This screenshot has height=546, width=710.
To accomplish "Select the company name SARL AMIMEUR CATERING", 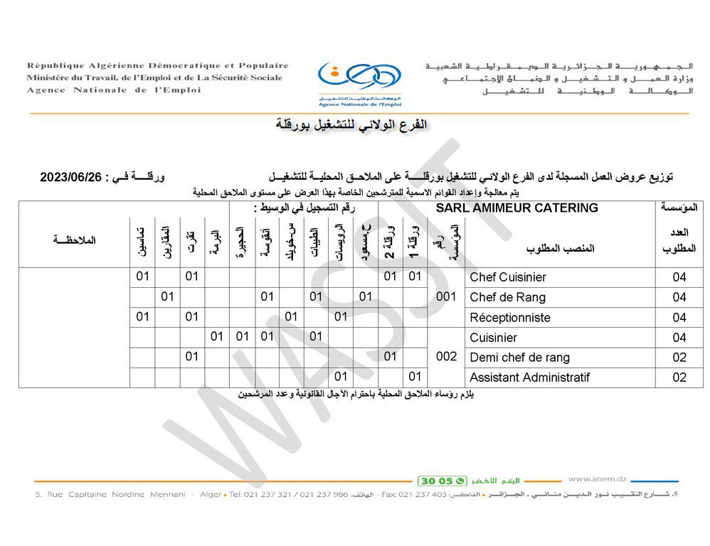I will click(516, 208).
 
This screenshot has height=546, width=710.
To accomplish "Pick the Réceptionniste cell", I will click(509, 317).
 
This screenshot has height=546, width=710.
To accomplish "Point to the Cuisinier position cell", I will click(493, 337).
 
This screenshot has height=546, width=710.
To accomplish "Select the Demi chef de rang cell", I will click(519, 357).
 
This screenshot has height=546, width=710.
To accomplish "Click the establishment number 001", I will click(445, 297).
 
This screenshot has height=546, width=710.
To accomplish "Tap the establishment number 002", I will click(445, 357).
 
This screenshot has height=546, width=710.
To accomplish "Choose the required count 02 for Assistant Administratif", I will click(679, 378).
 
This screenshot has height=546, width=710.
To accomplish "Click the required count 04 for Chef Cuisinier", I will click(679, 277).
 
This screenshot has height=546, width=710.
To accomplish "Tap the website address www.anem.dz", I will click(597, 479).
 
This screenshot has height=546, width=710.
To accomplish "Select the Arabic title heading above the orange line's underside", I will click(352, 125).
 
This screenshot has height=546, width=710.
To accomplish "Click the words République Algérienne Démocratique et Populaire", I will click(158, 65).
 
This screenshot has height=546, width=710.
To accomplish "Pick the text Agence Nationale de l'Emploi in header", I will click(114, 90).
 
